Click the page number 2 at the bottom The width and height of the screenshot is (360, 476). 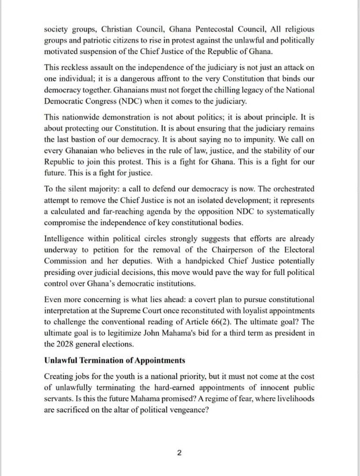tap(179, 453)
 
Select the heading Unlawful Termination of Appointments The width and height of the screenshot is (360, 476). tap(115, 361)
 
